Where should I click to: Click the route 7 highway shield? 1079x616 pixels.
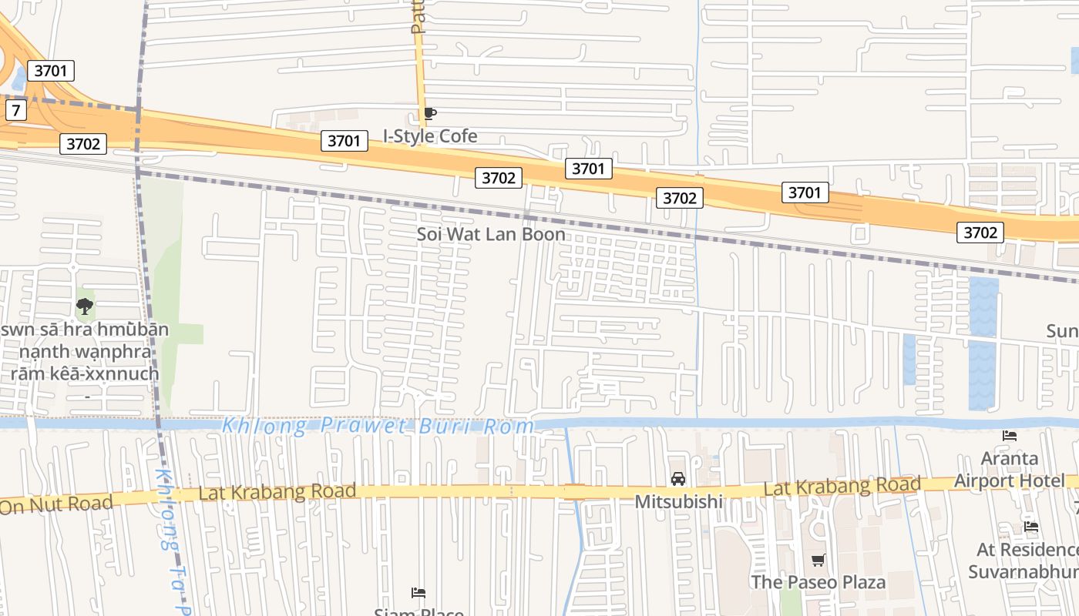click(x=15, y=110)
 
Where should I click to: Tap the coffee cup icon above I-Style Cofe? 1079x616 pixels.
click(x=430, y=114)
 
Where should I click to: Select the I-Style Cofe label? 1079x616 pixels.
click(x=430, y=136)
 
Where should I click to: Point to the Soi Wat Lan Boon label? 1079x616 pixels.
click(x=491, y=234)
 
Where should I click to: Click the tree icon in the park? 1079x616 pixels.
click(x=84, y=307)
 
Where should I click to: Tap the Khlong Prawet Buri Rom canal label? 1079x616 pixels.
click(x=378, y=426)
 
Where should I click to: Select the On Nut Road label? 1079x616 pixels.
click(x=55, y=505)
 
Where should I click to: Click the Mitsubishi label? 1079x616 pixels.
click(x=678, y=502)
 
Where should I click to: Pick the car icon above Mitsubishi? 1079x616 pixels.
click(x=678, y=479)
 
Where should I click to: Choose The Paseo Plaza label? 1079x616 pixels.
click(x=818, y=582)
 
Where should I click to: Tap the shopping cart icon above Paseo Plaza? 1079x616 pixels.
click(x=818, y=560)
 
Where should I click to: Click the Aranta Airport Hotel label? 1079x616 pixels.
click(x=1010, y=470)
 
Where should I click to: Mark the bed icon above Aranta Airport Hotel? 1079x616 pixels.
click(x=1010, y=436)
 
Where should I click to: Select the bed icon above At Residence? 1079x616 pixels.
click(x=1031, y=527)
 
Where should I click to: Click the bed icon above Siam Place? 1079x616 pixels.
click(x=418, y=592)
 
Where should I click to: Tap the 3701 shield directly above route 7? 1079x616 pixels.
click(x=51, y=71)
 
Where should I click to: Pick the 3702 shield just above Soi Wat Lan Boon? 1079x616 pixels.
click(x=498, y=178)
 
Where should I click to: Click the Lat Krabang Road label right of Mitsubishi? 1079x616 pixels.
click(x=842, y=486)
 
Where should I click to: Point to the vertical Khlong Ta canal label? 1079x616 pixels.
click(x=171, y=539)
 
